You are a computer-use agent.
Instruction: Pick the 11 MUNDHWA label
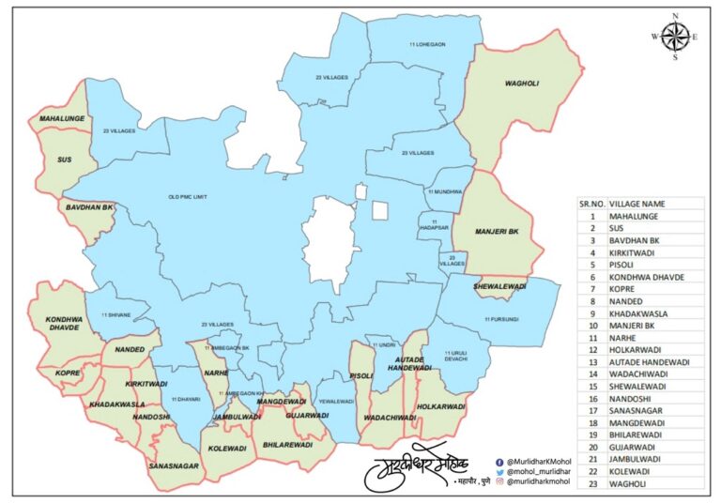click(x=446, y=191)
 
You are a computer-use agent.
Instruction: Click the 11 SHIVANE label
click(x=116, y=314)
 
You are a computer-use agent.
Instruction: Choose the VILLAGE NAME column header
click(x=637, y=203)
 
